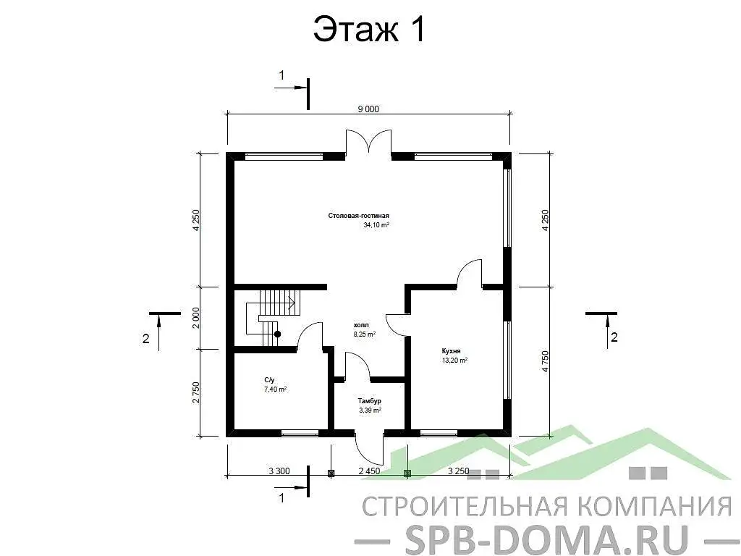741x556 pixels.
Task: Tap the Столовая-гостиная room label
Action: (358, 216)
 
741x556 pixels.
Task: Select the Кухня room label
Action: (452, 350)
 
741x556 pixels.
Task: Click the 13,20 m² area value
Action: (454, 360)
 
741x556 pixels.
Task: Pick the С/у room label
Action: (270, 379)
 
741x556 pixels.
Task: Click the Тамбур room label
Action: (369, 400)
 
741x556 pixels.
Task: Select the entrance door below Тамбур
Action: (369, 447)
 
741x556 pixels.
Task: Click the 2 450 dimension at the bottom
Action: (369, 471)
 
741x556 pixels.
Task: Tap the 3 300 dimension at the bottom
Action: (279, 471)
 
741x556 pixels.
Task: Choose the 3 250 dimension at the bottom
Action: (459, 471)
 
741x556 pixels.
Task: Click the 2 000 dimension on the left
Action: (196, 317)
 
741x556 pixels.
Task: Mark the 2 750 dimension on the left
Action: (196, 392)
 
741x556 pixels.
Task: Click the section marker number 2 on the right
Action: (614, 337)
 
